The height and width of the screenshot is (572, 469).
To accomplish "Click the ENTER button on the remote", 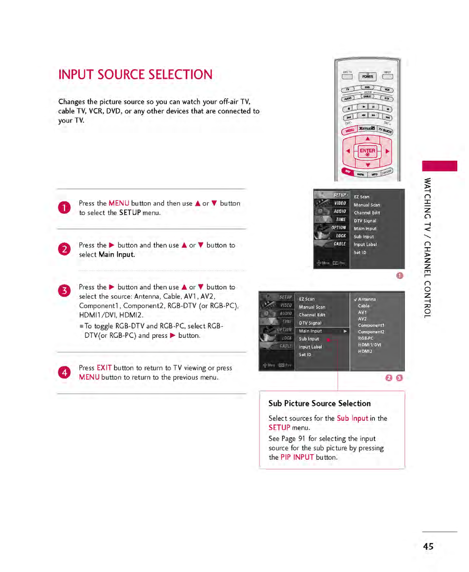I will tap(367, 151).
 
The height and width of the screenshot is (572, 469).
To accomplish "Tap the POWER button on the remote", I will tap(367, 76).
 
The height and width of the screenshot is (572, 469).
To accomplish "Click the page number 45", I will tap(428, 546).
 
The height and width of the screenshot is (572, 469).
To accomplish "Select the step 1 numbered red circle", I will tap(64, 208).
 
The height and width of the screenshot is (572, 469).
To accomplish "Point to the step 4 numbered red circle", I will tap(64, 372).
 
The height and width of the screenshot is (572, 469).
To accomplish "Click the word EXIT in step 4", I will tap(104, 368).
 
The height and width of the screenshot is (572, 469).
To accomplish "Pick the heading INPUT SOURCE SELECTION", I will tap(135, 75).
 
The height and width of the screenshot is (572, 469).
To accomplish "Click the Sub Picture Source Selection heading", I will tap(320, 403).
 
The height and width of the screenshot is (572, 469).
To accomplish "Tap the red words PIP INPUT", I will tap(297, 457).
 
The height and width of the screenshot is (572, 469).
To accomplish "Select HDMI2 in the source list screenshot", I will tap(365, 351).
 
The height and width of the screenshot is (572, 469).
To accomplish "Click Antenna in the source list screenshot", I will tap(367, 299).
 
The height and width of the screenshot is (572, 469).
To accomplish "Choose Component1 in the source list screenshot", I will tap(371, 325).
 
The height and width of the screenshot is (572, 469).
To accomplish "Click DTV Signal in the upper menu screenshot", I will tap(365, 221).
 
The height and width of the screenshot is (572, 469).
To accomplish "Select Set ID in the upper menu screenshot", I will tap(360, 252).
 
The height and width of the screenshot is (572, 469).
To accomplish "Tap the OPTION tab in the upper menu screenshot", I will tap(338, 228).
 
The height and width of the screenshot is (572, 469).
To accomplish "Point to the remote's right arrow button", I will tap(387, 151).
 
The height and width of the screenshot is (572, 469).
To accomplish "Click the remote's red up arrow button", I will tap(367, 139).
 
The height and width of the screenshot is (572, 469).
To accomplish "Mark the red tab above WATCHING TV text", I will tap(439, 166).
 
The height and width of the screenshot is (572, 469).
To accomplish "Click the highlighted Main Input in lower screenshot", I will tap(311, 331).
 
